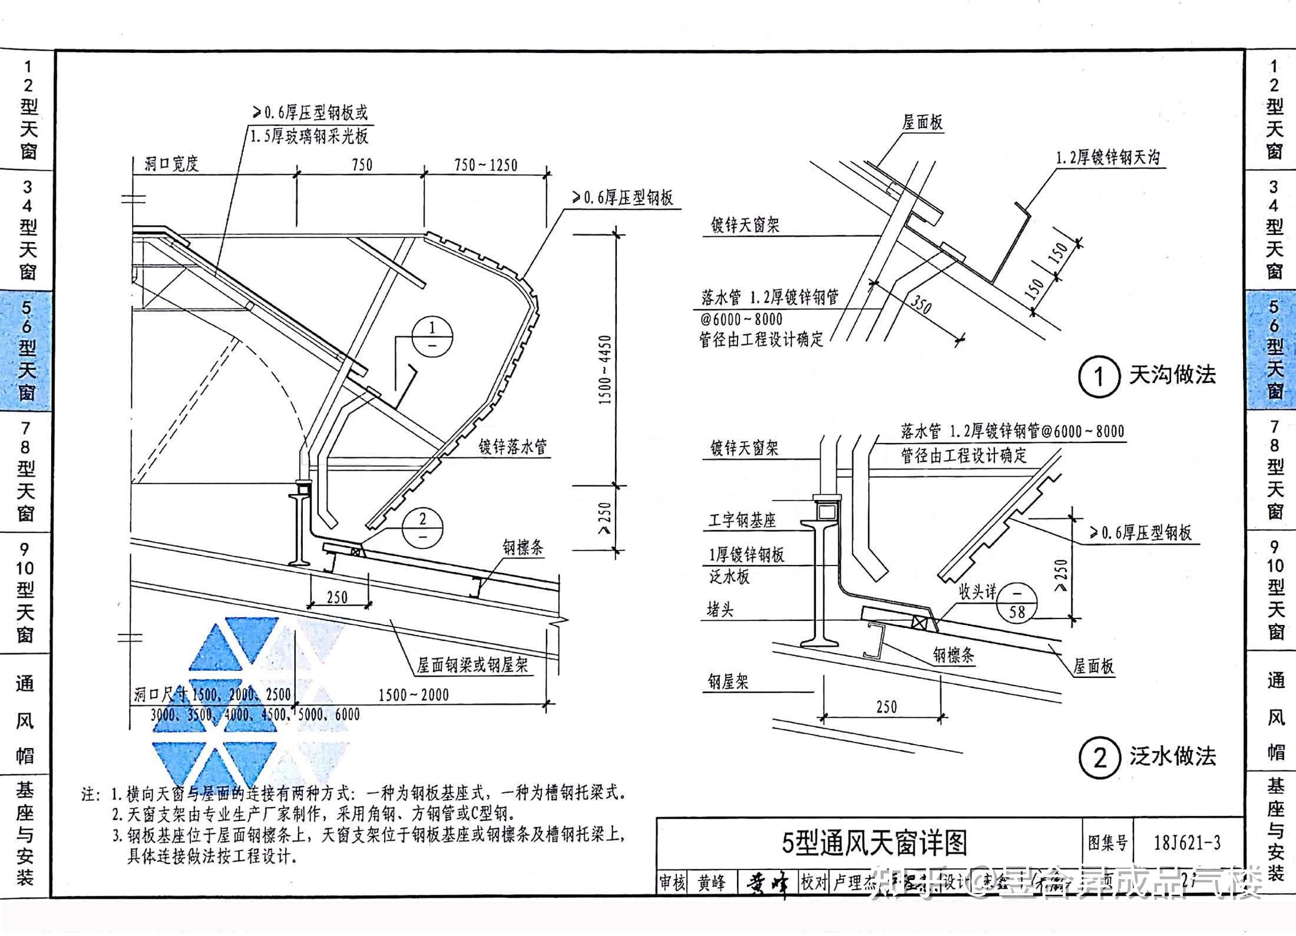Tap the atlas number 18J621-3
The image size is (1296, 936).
[x=1187, y=843]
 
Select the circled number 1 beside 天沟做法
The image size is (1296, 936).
[x=1099, y=376]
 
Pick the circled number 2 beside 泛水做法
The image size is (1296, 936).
[x=1099, y=758]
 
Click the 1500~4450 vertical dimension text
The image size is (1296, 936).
[x=605, y=370]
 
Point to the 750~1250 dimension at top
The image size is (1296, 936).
[x=485, y=166]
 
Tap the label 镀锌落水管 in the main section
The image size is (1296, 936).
[x=513, y=447]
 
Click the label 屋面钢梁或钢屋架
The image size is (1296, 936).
[x=472, y=666]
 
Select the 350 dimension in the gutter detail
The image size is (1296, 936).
[x=921, y=305]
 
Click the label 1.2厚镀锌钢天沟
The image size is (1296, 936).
[x=1107, y=158]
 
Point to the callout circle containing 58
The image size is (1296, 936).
[x=1017, y=603]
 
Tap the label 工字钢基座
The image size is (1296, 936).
[x=742, y=520]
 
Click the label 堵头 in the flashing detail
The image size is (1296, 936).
[x=719, y=610]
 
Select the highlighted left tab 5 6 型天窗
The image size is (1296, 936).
[x=27, y=350]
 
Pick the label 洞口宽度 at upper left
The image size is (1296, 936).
[x=172, y=164]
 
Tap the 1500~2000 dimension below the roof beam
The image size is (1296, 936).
[x=413, y=695]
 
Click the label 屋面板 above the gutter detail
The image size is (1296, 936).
[x=923, y=122]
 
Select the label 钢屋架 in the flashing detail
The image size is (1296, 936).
[x=728, y=682]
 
